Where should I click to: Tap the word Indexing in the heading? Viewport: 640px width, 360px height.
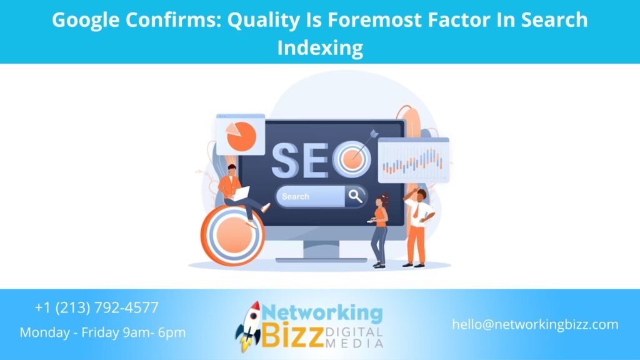tap(319, 47)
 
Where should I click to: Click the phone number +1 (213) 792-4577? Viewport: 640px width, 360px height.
tap(97, 307)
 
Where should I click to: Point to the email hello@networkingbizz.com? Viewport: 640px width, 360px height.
tap(535, 324)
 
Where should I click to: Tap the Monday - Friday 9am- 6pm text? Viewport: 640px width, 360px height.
tap(102, 332)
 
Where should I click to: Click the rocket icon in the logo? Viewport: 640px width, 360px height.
tap(249, 326)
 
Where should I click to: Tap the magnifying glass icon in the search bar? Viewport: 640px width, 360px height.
tap(355, 196)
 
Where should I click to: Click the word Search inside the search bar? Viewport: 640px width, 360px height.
tap(296, 196)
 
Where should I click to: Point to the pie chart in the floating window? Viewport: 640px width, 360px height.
tap(241, 136)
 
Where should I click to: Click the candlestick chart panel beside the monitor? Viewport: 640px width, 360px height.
tap(413, 160)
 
